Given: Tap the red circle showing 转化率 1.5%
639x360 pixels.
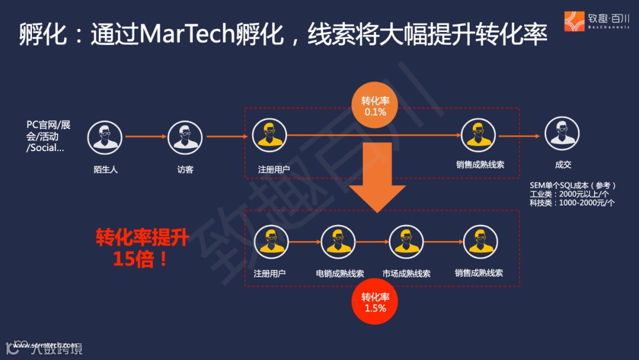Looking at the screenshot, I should pyautogui.click(x=375, y=303).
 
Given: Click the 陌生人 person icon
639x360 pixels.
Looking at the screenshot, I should pyautogui.click(x=105, y=137).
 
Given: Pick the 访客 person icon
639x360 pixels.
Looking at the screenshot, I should pyautogui.click(x=185, y=137).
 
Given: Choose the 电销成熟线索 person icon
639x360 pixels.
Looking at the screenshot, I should pyautogui.click(x=339, y=243).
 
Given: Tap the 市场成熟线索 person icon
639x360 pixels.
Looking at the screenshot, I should pyautogui.click(x=406, y=243).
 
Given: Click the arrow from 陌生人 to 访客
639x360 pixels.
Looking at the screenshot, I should pyautogui.click(x=146, y=137).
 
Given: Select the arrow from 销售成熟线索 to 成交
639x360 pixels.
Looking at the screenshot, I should pyautogui.click(x=519, y=136).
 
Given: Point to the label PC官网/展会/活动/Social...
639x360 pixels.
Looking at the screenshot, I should pyautogui.click(x=48, y=136).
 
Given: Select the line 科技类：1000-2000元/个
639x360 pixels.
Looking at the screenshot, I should pyautogui.click(x=572, y=202).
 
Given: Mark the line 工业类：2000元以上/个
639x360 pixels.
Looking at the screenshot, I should pyautogui.click(x=569, y=194).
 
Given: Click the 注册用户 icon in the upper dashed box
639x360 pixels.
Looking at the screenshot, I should pyautogui.click(x=270, y=136).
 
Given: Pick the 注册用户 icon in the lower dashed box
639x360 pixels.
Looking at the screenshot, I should pyautogui.click(x=271, y=243).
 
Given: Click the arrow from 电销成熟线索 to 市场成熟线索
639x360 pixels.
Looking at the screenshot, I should pyautogui.click(x=373, y=242).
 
